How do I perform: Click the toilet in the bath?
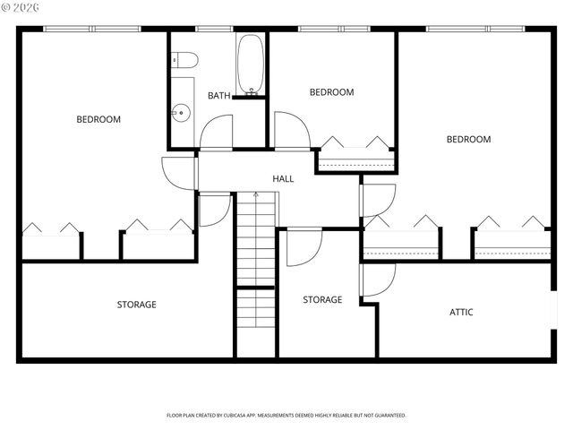point(185,60)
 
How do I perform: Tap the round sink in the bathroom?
point(181,113)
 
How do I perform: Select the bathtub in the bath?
point(250,64)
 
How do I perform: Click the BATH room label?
point(219,96)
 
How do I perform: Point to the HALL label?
point(283,179)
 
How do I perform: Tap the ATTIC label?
point(461,313)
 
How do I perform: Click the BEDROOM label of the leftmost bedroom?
point(98,119)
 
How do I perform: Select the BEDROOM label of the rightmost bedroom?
point(469,139)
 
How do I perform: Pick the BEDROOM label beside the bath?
point(332,92)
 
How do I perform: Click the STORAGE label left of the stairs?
point(136,305)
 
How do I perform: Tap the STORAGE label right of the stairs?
point(322,300)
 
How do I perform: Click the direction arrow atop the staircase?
point(256,195)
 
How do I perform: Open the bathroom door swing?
point(216,133)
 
